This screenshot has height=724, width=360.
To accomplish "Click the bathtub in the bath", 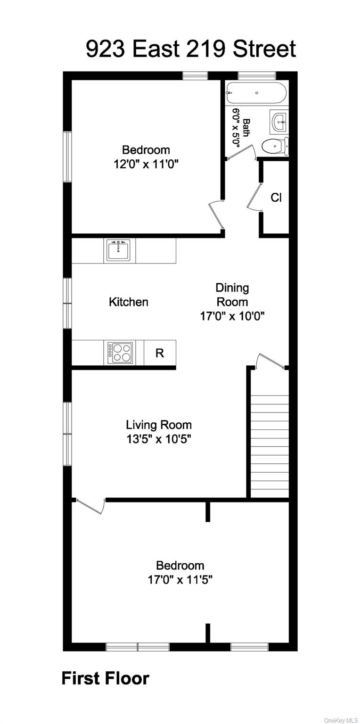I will point(256,93).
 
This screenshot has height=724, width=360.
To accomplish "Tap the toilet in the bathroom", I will point(274,146).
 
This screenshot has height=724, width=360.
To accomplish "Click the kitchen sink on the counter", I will point(119,250).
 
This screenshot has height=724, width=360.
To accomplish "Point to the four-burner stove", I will point(120,352).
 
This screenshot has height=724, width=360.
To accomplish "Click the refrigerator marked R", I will point(160,353).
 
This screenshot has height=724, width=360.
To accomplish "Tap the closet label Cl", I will point(276,198).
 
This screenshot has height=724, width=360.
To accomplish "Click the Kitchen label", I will point(129,302).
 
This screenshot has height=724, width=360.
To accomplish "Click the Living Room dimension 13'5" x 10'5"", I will point(158,439).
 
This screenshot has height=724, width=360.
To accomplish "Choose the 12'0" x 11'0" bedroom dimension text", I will point(146,165).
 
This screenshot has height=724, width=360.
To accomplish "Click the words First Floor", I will point(105,679).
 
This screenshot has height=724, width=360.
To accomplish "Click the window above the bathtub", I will point(256,75).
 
